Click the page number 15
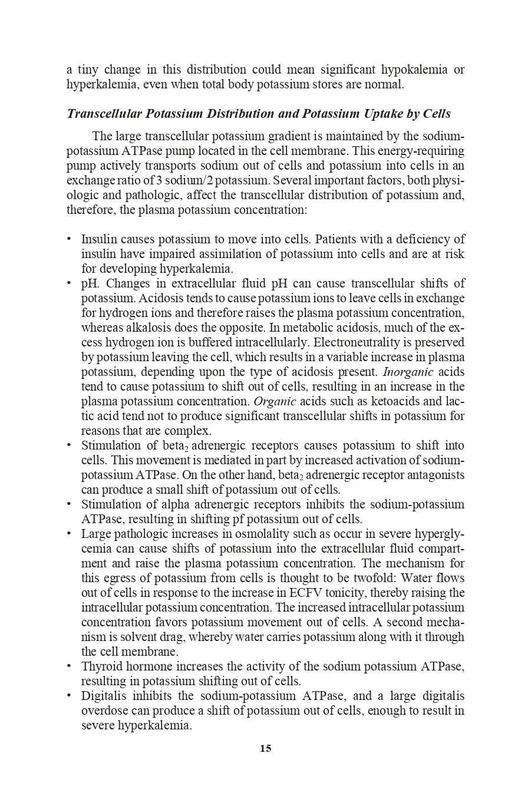click(x=265, y=748)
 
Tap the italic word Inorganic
click(x=408, y=372)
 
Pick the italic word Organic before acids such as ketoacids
click(x=275, y=401)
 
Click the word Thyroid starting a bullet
click(x=99, y=666)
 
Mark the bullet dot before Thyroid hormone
click(x=69, y=666)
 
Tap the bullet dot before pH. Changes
click(x=69, y=283)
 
